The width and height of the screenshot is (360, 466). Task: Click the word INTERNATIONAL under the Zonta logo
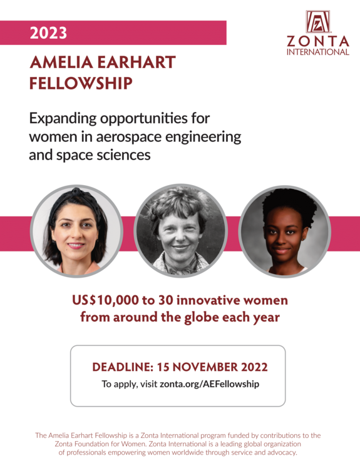(x=317, y=52)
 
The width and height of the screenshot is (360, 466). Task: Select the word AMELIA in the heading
(x=62, y=63)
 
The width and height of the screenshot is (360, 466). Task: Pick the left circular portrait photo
(x=76, y=231)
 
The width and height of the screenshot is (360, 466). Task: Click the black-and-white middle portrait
(x=180, y=231)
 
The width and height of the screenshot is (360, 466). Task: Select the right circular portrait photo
(x=285, y=231)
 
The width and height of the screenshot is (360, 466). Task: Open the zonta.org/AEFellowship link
(x=209, y=384)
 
